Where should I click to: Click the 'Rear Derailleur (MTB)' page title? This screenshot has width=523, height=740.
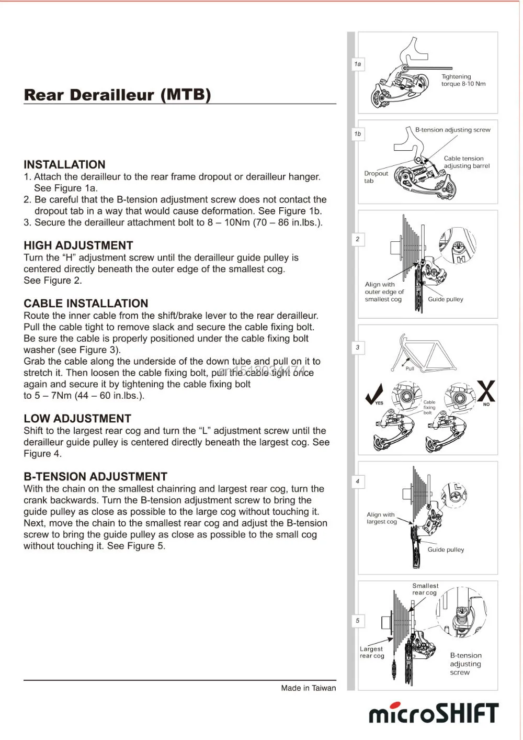[118, 95]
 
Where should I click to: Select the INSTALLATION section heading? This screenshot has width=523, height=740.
[64, 164]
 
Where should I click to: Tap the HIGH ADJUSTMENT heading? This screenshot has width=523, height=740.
[78, 245]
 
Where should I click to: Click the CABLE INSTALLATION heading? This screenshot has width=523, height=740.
[86, 304]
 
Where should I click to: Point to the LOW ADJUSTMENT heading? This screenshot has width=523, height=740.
[77, 419]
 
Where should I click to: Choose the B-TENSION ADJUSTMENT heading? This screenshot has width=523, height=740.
[95, 477]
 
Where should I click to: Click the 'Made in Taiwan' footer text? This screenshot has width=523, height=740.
[308, 688]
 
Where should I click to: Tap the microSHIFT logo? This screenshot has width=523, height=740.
[434, 713]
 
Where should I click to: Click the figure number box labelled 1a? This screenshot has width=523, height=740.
[358, 64]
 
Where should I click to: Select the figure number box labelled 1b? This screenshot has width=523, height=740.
[358, 134]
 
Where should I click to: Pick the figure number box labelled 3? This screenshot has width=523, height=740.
[358, 347]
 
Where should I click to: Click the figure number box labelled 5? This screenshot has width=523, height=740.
[358, 621]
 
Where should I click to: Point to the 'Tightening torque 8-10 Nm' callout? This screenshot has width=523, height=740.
[463, 80]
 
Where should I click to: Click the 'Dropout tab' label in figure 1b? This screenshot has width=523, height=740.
[376, 177]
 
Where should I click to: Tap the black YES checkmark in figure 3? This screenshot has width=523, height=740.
[374, 394]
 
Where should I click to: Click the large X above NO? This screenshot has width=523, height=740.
[486, 391]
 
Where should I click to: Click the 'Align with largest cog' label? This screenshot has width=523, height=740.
[381, 518]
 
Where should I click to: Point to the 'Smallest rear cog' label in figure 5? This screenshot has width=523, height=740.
[425, 589]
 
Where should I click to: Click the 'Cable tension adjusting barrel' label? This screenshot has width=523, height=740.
[467, 162]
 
